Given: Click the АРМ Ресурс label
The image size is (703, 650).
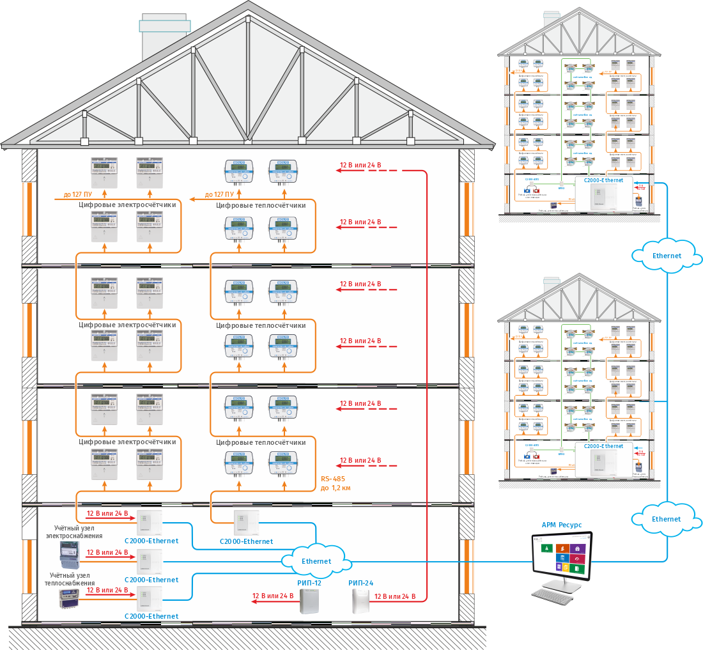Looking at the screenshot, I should (x=562, y=525).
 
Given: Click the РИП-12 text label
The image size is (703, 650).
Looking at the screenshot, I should (x=309, y=583).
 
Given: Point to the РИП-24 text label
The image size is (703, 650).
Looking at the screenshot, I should (x=360, y=583).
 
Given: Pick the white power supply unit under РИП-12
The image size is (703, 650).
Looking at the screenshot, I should (x=309, y=601).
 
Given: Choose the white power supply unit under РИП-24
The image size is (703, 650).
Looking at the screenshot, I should (x=361, y=601).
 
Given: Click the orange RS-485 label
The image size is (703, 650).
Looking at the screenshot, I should (x=333, y=477).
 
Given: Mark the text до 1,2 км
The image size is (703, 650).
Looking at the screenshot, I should (x=335, y=488).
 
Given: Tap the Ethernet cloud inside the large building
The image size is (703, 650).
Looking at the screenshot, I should (x=316, y=561).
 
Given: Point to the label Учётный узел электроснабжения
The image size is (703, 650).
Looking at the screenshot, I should (x=74, y=532).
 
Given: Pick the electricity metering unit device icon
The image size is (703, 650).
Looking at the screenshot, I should (x=70, y=555).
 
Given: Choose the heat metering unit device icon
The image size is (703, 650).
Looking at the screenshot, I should (x=70, y=600).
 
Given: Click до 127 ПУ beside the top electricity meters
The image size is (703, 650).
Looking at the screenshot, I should (x=77, y=195).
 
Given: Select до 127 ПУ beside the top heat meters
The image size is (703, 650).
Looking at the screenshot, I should (x=218, y=195).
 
